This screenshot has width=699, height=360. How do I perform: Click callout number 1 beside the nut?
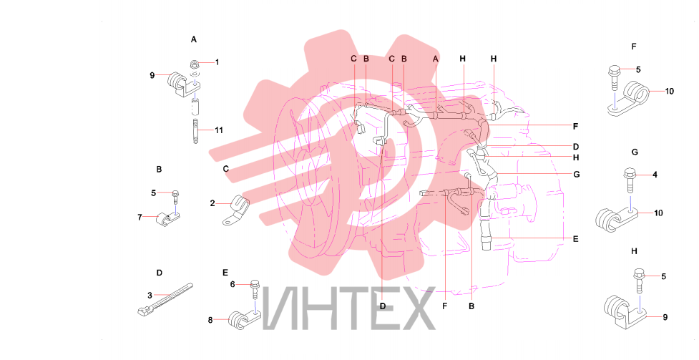(217, 62)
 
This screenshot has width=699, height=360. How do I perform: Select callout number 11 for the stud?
(218, 130)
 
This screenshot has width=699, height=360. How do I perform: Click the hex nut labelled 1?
(195, 64)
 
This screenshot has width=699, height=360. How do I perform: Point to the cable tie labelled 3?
(165, 299)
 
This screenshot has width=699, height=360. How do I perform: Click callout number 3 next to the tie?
(150, 295)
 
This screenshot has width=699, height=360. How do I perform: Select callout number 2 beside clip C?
(212, 203)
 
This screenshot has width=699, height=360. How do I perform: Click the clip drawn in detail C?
(235, 210)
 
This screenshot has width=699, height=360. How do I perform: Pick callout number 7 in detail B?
(140, 218)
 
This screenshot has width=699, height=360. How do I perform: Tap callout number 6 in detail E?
(233, 284)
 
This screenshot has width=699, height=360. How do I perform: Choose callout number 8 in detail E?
(210, 320)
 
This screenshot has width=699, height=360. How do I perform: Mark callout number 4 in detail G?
(655, 175)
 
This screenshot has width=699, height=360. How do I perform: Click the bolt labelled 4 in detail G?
(630, 180)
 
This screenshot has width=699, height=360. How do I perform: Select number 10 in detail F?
(669, 92)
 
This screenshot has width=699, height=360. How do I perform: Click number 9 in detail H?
(665, 317)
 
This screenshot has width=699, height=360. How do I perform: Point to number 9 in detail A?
(152, 75)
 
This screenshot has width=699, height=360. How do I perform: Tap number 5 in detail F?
(638, 69)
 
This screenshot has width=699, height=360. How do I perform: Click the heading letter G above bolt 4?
(635, 152)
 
